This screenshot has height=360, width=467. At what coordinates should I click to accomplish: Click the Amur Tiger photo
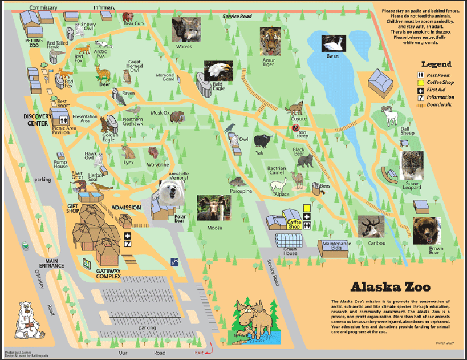click(x=271, y=40)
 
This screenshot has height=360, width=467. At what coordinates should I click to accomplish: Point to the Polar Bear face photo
click(x=171, y=193)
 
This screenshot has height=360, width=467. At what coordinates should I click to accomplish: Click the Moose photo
click(x=209, y=208)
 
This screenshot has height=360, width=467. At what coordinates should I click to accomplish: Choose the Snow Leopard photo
click(x=412, y=166)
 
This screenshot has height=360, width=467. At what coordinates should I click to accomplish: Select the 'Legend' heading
click(x=436, y=64)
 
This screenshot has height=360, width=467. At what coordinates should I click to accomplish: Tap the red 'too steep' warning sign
click(x=296, y=128)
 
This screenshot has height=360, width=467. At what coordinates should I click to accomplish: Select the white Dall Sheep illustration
click(x=391, y=116)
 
